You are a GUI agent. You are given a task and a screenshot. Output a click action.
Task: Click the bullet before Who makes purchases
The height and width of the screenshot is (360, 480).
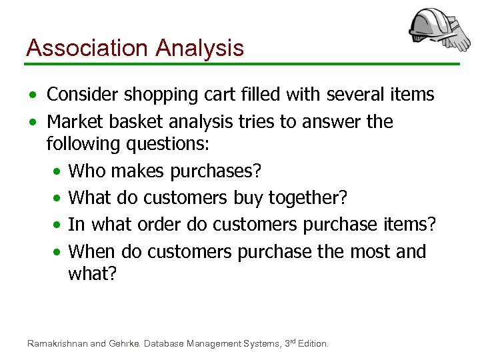57,172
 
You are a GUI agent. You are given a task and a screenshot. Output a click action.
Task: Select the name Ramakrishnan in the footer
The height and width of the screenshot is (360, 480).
57,344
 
